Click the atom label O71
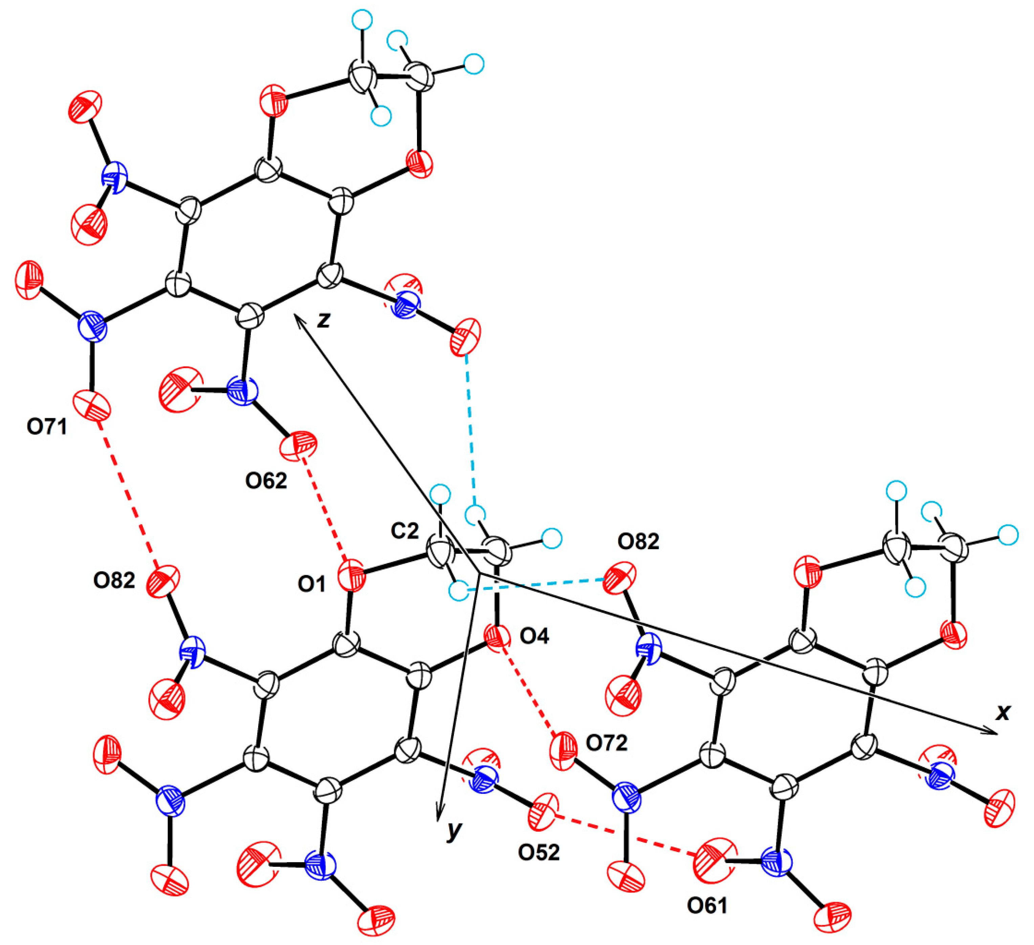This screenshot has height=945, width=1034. coord(47,427)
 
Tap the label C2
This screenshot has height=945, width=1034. coord(405,531)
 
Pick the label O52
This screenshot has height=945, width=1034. coord(538,852)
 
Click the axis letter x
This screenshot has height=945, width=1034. coord(1003,712)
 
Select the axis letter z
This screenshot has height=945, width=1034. coord(324,319)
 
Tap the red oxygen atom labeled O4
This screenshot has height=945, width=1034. coord(496,638)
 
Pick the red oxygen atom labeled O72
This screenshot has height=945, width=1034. coord(563,752)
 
